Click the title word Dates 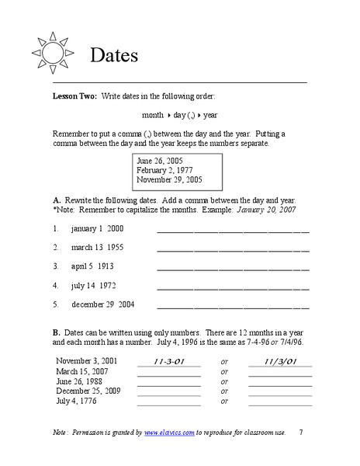pyautogui.click(x=114, y=56)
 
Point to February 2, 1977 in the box pyautogui.click(x=165, y=169)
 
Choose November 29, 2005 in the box pyautogui.click(x=169, y=179)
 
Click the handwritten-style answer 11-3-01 pyautogui.click(x=168, y=361)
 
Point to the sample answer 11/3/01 pyautogui.click(x=279, y=361)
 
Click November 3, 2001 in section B pyautogui.click(x=87, y=361)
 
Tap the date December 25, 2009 pyautogui.click(x=90, y=391)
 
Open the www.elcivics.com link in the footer pyautogui.click(x=168, y=431)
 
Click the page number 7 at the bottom pyautogui.click(x=301, y=431)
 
